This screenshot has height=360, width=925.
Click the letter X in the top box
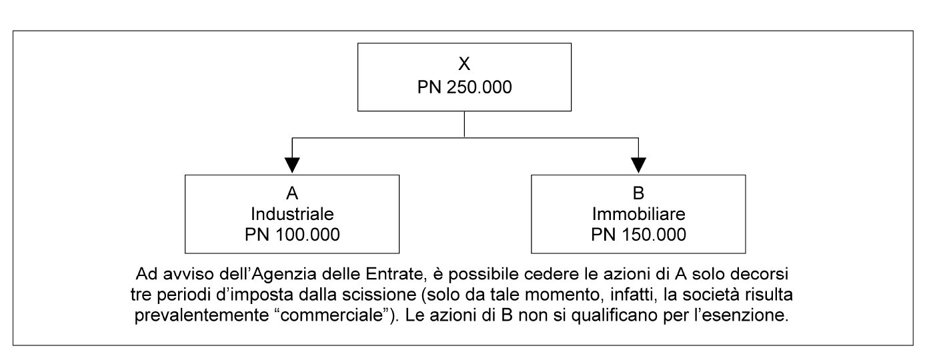click(x=464, y=63)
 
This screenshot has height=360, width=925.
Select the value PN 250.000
click(x=465, y=87)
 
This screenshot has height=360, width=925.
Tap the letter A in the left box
click(x=292, y=193)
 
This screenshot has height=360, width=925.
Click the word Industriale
click(x=292, y=214)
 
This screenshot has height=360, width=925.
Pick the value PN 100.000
click(x=292, y=235)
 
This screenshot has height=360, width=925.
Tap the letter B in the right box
click(x=638, y=193)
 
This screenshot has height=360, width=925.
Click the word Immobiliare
click(x=638, y=214)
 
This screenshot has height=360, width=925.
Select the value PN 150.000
click(x=638, y=235)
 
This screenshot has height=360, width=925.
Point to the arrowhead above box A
click(x=292, y=165)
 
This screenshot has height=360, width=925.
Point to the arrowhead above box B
click(x=638, y=165)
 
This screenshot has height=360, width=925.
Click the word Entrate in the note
click(x=394, y=274)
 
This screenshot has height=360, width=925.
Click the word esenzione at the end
click(x=750, y=315)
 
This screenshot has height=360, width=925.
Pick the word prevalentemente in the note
click(x=201, y=315)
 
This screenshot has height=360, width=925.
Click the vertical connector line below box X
click(x=464, y=124)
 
